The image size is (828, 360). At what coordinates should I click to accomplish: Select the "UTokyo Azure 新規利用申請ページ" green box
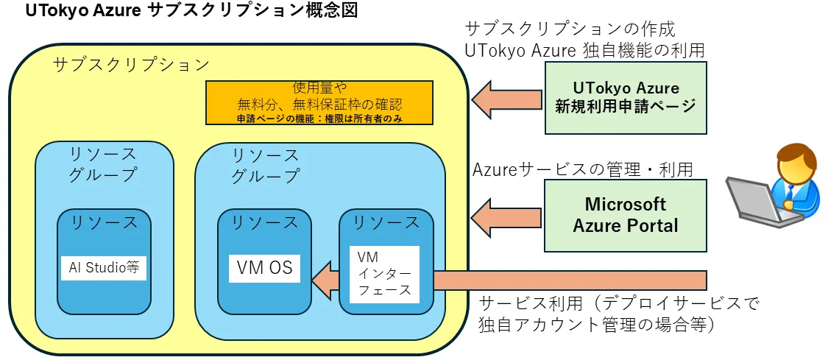[626, 97]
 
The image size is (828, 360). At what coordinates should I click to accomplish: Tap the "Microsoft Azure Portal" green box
[626, 214]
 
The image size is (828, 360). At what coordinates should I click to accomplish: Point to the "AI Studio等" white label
[104, 267]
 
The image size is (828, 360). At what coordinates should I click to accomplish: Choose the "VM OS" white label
[265, 268]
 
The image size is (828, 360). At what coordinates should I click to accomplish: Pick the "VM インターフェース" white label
[383, 274]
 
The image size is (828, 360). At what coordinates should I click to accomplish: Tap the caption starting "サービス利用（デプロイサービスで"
[618, 303]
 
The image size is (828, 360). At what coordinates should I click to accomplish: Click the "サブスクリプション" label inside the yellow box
[132, 64]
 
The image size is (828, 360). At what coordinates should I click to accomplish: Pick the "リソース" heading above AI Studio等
[104, 222]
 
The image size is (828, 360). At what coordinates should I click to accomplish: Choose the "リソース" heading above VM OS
[265, 222]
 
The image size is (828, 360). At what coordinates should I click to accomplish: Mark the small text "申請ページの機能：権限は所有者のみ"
[319, 118]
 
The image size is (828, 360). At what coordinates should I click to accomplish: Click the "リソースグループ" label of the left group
[103, 165]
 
